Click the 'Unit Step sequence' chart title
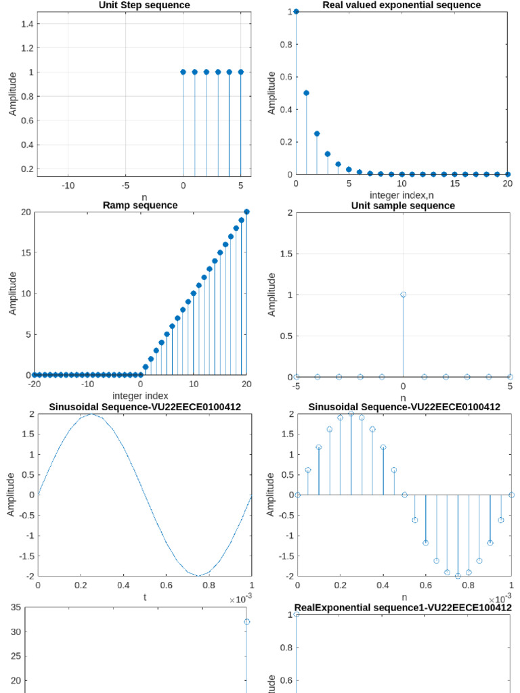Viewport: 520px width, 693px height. (144, 5)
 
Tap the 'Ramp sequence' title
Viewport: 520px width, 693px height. (140, 205)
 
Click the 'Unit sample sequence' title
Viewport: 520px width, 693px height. (403, 206)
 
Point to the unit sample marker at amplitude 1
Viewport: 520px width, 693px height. (403, 294)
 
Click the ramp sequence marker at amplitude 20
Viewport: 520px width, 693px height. (246, 212)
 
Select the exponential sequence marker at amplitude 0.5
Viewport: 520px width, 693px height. (306, 93)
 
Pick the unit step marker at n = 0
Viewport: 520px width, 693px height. (183, 72)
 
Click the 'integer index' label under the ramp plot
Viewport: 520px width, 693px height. (140, 395)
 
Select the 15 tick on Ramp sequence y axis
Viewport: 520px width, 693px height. (25, 252)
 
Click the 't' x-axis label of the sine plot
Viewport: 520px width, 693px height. (144, 598)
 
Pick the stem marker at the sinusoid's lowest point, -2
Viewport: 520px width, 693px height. (458, 576)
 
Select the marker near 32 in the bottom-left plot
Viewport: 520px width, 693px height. (246, 621)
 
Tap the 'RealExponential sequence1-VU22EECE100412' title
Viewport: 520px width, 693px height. (403, 607)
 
